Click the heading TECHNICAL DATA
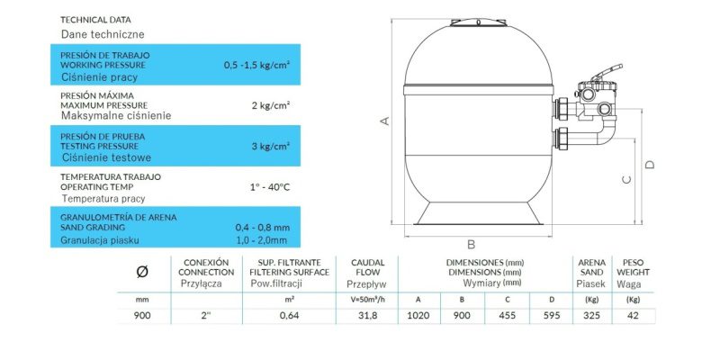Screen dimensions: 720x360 point(95,20)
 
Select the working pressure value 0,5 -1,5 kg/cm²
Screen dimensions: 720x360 point(257,65)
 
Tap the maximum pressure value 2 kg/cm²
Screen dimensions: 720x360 point(271,105)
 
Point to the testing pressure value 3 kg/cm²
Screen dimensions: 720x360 point(271,146)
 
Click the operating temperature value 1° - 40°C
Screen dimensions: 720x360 point(268,187)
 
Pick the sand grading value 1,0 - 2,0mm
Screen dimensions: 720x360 point(261,240)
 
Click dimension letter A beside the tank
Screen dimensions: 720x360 point(385,121)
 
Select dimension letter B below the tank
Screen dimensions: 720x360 point(471,244)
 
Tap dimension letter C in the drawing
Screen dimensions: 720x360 point(626,179)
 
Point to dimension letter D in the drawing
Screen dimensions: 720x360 point(649,165)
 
